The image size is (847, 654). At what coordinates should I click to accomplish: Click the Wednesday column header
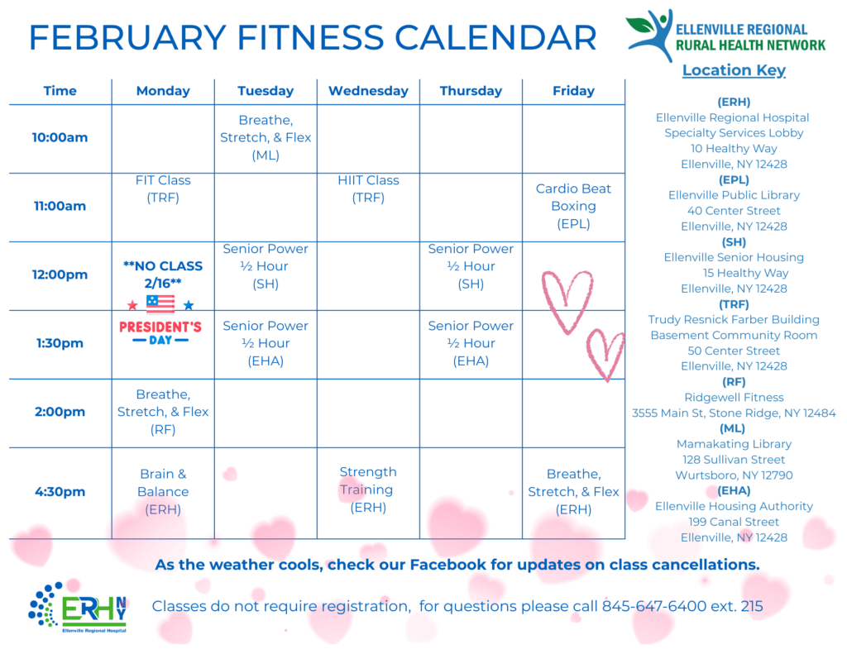coord(368,91)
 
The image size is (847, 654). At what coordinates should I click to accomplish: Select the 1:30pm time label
coord(60,343)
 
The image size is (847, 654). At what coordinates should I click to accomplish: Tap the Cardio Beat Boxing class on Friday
coord(573,206)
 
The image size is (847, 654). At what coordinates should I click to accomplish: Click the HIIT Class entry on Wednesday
coord(368,189)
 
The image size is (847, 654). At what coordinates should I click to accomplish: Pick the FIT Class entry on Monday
coord(163,189)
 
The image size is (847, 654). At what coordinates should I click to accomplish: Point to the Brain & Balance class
coord(163,491)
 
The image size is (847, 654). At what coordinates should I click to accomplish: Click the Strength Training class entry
coord(368,489)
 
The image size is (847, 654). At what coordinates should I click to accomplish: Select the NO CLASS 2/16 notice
coord(163,274)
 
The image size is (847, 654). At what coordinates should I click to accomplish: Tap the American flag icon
coord(160,303)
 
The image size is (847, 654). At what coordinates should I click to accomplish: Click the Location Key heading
coord(734,70)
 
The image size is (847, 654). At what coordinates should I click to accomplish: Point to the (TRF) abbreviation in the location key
coord(734,304)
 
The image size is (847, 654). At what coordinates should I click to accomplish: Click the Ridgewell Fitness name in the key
coord(734,398)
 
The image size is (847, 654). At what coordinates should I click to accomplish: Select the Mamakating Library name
coord(734,444)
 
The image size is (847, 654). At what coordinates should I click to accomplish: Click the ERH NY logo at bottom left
coord(78,608)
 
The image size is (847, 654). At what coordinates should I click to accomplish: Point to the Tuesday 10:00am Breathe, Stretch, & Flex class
coord(266,137)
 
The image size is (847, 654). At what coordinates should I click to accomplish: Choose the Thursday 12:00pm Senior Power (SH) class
coord(471,266)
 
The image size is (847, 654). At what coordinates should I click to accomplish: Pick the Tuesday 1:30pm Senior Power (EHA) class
coord(266,343)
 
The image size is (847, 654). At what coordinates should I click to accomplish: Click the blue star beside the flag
coord(189,305)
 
